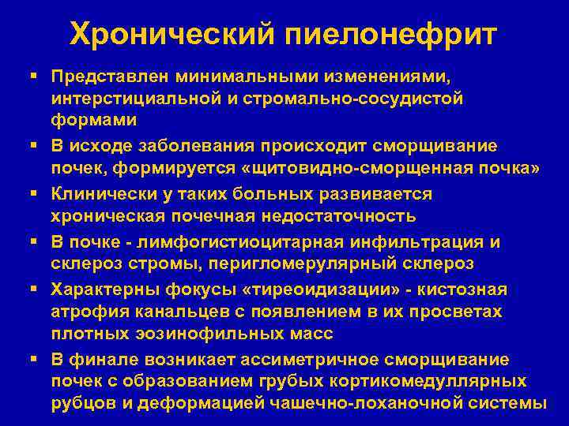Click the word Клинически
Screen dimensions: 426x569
pos(104,193)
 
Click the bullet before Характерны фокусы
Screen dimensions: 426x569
pos(37,290)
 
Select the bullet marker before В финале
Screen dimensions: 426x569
pos(37,359)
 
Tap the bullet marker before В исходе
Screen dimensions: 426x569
pos(37,146)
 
